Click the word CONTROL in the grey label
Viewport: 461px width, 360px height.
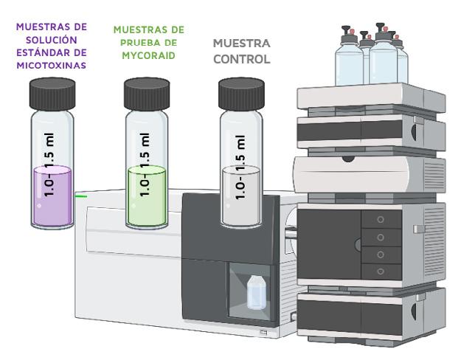(240, 58)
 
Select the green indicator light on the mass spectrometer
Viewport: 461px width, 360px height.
(82, 195)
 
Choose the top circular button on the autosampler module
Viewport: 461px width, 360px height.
(381, 220)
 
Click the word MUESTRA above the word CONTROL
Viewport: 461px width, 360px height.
(240, 43)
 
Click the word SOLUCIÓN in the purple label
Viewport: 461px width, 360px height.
(52, 39)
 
